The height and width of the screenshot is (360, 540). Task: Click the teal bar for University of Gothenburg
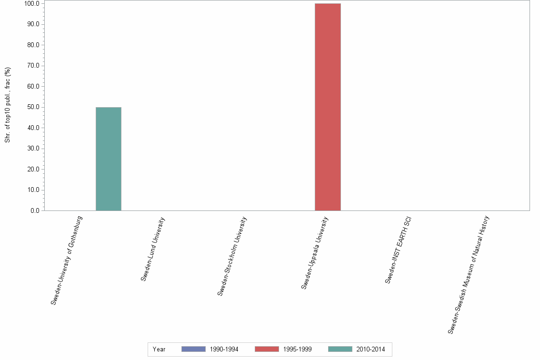[108, 159]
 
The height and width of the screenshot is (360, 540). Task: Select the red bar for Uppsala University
[328, 107]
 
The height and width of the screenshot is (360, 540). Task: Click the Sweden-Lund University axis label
[153, 249]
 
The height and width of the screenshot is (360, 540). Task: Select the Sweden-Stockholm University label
[232, 256]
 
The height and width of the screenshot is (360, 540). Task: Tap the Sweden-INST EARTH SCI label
[398, 250]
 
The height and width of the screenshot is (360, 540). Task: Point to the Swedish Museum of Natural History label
[469, 274]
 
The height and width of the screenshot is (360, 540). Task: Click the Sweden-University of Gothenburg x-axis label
[67, 260]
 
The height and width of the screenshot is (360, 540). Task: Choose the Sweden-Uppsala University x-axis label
[315, 252]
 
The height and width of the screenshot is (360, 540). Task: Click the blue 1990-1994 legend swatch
[193, 349]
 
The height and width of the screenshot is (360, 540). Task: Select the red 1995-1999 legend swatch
[267, 349]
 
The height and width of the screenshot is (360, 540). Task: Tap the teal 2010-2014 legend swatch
[340, 349]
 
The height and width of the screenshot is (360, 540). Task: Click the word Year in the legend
[159, 350]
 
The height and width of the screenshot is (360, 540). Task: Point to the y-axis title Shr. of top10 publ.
[8, 105]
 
